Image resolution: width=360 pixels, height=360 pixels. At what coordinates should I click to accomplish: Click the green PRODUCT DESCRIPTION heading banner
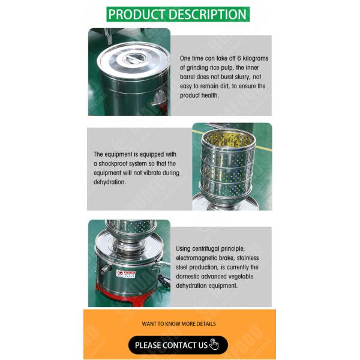(x=178, y=14)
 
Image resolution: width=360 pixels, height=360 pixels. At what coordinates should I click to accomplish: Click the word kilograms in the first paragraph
(x=254, y=58)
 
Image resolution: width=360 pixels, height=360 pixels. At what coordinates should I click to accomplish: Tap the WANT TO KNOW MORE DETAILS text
(x=178, y=323)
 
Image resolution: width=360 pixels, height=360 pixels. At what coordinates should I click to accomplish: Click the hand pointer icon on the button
(x=214, y=344)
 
